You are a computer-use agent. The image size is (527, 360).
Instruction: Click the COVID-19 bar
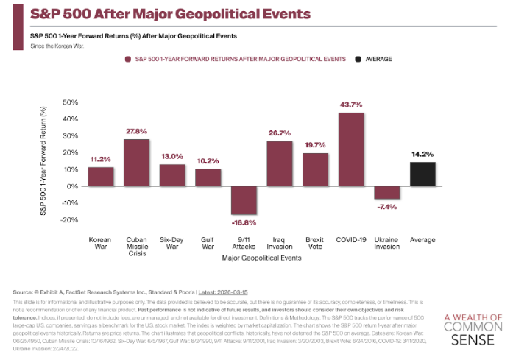pos(351,149)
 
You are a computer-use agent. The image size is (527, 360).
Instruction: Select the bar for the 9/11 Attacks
pos(244,200)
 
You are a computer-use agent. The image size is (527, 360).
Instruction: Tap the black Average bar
pos(422,174)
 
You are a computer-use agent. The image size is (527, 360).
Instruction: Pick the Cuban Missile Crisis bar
pos(136,162)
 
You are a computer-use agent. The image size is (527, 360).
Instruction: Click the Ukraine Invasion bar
pos(386,192)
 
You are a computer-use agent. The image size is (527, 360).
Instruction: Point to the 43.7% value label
pos(351,105)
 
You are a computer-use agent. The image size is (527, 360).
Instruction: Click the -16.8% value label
pos(244,222)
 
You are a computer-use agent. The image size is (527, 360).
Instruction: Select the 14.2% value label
pos(422,154)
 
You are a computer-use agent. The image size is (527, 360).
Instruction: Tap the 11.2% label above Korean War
pos(100,159)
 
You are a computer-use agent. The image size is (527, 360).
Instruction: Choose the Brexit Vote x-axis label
pos(315,243)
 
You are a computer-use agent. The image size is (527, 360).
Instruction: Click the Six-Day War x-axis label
pos(171,243)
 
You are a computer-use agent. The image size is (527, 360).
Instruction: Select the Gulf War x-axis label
pos(208,243)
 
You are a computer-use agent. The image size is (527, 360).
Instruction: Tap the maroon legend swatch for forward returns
pos(127,58)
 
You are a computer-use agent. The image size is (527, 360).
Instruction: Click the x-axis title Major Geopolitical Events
pos(261,258)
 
